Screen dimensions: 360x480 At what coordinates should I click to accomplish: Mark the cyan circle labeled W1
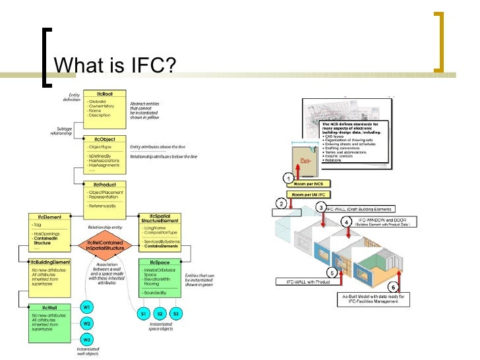click(x=86, y=308)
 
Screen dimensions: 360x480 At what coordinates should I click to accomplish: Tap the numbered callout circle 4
click(x=347, y=223)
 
